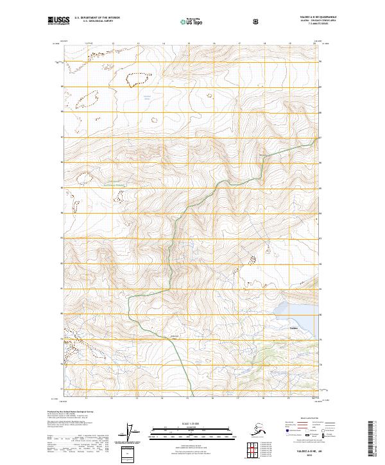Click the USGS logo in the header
pos(60,22)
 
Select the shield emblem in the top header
pos(257,22)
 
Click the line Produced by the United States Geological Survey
pos(73,410)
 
